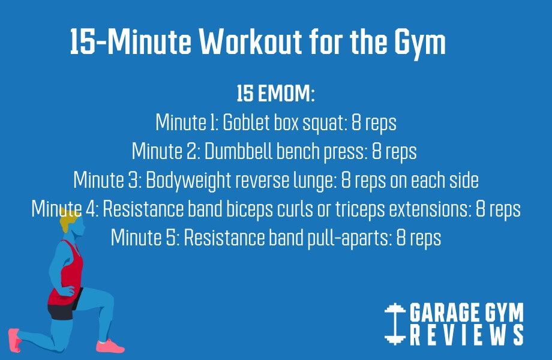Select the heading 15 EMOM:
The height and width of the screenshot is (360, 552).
tap(276, 95)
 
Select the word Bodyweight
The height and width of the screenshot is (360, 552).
tap(192, 181)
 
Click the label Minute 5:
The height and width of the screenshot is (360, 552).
tap(145, 238)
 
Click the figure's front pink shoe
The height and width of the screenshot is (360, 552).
tap(110, 346)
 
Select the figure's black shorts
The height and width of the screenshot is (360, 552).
tap(61, 311)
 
